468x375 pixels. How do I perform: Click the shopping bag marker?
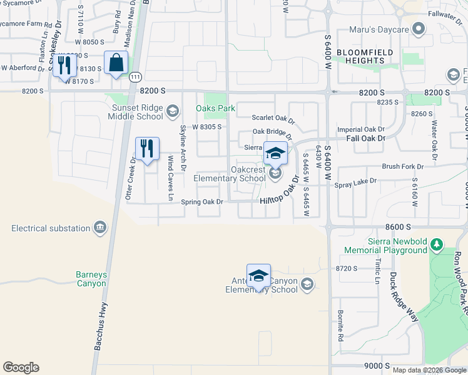[x=116, y=63]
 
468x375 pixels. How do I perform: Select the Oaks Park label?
[x=215, y=108]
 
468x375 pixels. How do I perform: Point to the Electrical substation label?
[x=51, y=228]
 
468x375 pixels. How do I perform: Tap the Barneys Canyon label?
[x=91, y=279]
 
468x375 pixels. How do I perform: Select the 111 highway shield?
[x=136, y=77]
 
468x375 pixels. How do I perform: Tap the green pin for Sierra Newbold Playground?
[x=438, y=244]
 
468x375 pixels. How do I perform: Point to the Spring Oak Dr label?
[x=201, y=202]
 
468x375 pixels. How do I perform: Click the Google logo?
[x=21, y=367]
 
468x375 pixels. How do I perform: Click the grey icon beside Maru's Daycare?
[x=420, y=29]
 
